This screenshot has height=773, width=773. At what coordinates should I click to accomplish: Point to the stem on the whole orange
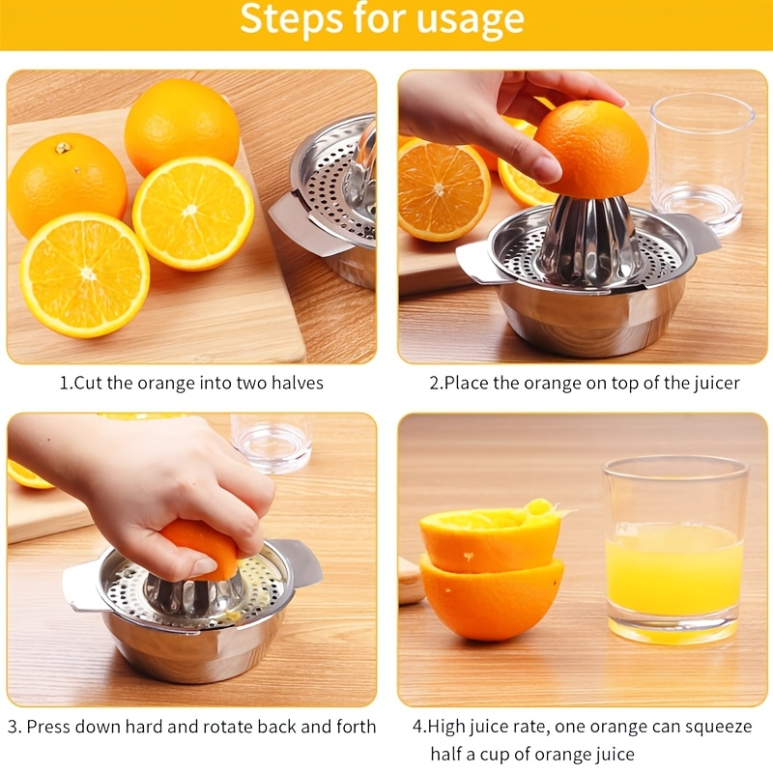(x=64, y=148)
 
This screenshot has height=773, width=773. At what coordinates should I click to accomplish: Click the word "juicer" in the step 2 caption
(x=716, y=384)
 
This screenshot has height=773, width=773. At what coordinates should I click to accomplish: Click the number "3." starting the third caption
(x=14, y=727)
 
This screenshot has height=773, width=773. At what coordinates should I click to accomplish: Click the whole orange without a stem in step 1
(x=182, y=126)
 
